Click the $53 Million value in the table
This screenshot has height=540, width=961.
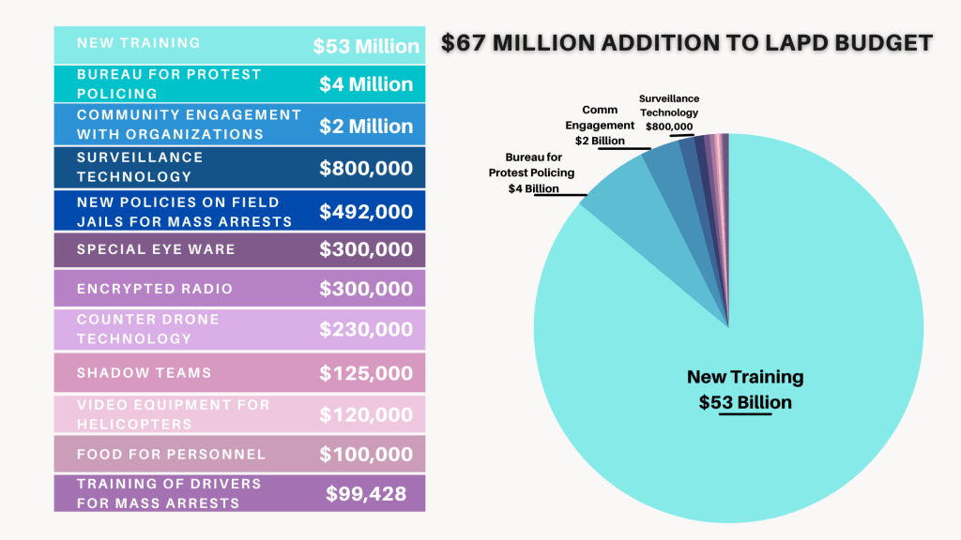366,46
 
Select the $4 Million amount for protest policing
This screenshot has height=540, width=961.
366,84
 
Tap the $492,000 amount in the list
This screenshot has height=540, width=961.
366,212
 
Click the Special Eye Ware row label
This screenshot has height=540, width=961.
156,249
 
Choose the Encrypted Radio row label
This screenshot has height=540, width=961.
155,289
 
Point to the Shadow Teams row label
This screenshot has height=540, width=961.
145,373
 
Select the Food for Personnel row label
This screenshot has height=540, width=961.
171,455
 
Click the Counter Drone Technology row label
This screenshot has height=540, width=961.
148,329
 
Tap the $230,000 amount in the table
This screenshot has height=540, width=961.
366,330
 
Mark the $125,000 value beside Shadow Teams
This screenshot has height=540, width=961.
366,373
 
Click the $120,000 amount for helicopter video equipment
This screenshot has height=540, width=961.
366,414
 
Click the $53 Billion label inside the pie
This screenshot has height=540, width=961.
745,403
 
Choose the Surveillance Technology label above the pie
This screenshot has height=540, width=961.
669,112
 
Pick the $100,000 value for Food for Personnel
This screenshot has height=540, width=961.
366,455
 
